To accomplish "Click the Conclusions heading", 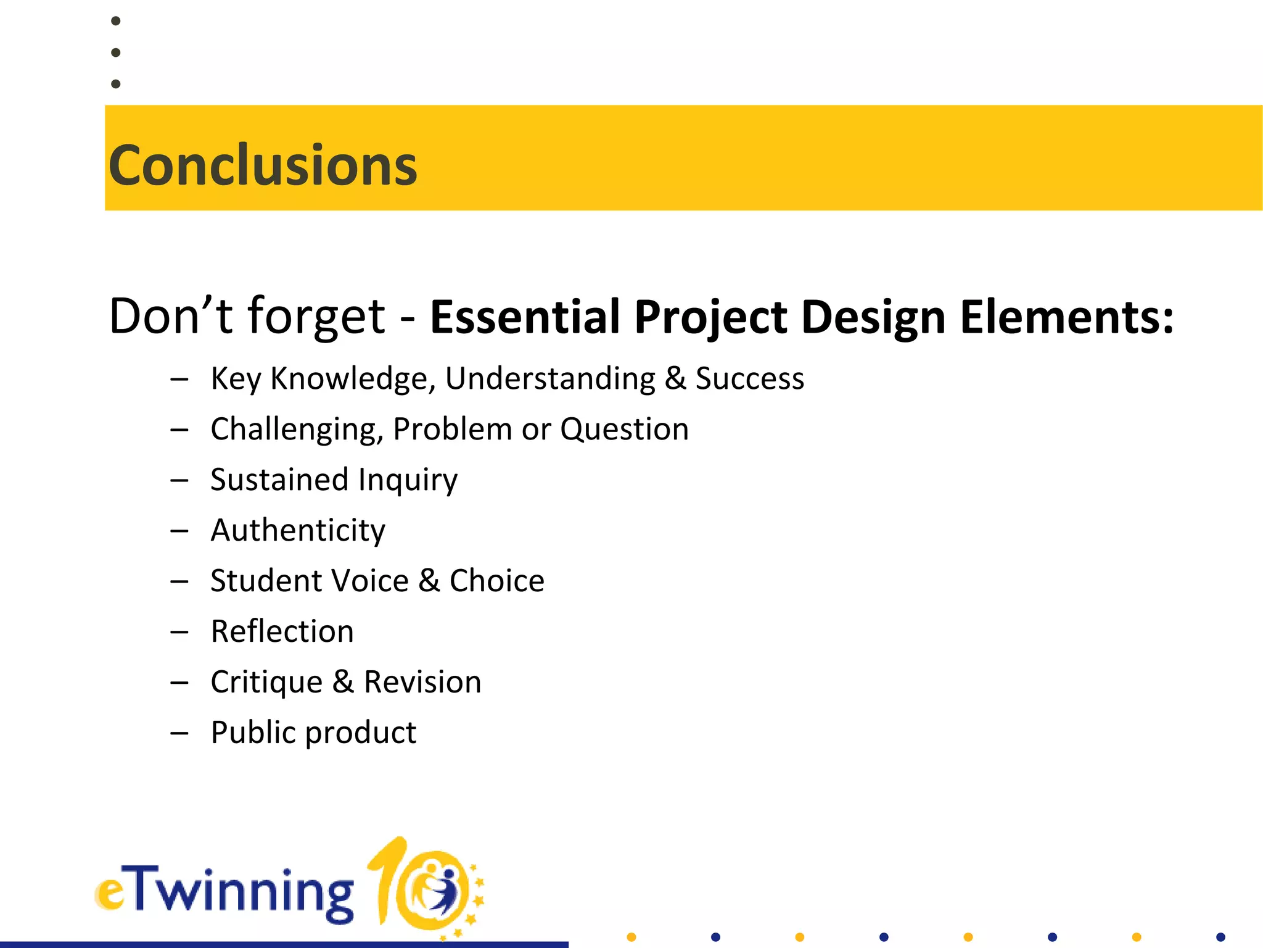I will (263, 165).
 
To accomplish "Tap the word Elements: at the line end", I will (1066, 317).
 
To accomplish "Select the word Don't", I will (170, 316).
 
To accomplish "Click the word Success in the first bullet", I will (749, 378).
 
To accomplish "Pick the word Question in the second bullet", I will (624, 429).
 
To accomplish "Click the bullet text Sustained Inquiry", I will (334, 480).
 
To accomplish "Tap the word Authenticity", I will (298, 530).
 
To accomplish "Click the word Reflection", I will (282, 631).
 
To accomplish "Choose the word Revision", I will (422, 682).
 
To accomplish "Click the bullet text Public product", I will (313, 733).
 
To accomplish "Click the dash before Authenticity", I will (179, 531).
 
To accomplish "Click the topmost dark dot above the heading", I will (115, 21).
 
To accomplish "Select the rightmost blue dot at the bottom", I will (1220, 937).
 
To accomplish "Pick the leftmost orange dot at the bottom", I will (631, 937).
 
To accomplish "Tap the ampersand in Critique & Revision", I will (343, 682).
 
